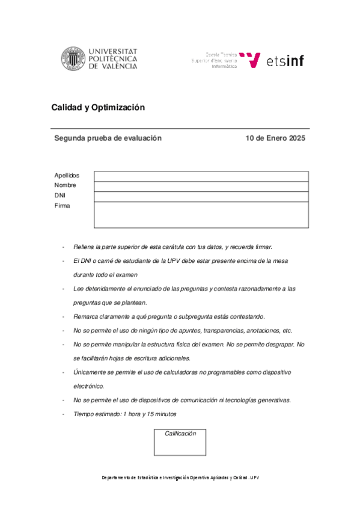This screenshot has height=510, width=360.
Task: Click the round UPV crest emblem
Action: (73, 58)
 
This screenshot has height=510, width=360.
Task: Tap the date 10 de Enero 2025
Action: (275, 138)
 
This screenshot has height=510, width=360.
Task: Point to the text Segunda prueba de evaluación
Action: (108, 138)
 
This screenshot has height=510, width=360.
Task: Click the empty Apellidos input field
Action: (201, 176)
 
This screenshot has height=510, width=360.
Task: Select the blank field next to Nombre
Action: (201, 186)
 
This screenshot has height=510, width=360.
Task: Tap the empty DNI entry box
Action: (201, 197)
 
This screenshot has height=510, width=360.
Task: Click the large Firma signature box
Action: (201, 215)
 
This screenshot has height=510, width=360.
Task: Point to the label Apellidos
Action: (67, 176)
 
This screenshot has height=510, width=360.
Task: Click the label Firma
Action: (62, 206)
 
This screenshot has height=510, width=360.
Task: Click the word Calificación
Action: (180, 434)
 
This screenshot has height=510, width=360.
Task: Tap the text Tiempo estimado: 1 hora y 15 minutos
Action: (124, 414)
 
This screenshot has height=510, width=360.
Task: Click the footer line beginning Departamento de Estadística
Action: (180, 478)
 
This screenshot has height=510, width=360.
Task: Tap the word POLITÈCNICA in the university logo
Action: (113, 59)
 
